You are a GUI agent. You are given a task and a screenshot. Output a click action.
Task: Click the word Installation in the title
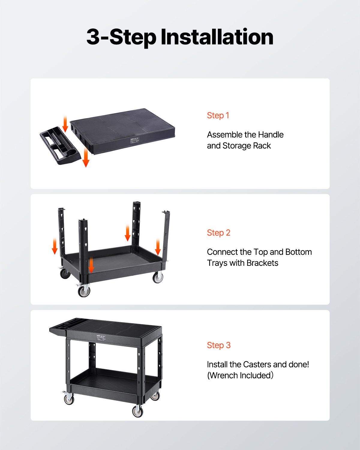(217, 37)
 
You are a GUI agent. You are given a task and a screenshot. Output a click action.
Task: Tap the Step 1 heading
(218, 115)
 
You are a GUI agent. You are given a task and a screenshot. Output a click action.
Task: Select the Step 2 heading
(219, 233)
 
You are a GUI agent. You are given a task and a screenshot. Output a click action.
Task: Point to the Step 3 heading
(219, 345)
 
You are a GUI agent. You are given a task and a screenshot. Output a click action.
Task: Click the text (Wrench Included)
(240, 376)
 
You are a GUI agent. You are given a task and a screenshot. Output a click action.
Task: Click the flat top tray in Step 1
(123, 127)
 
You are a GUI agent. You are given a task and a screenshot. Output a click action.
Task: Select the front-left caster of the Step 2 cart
(84, 290)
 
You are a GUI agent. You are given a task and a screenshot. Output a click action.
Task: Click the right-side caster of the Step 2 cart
(158, 277)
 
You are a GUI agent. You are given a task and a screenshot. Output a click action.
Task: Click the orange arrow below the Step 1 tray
(86, 157)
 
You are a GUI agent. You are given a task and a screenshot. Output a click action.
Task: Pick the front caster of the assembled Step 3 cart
(137, 411)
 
